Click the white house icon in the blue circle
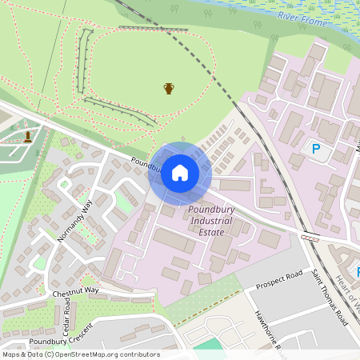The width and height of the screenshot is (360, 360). (x=180, y=173)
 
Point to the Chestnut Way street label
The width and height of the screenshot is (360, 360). (x=75, y=292)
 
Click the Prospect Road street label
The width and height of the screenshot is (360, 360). (x=279, y=280)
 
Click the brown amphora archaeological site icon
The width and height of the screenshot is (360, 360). (x=169, y=88)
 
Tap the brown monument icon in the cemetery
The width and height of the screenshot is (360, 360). (x=28, y=136)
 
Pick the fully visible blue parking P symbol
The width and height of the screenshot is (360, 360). (x=315, y=148)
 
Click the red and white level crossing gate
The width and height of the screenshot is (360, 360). (x=310, y=238)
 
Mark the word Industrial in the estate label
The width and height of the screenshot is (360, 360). (x=211, y=220)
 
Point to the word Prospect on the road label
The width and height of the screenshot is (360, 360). (x=271, y=283)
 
